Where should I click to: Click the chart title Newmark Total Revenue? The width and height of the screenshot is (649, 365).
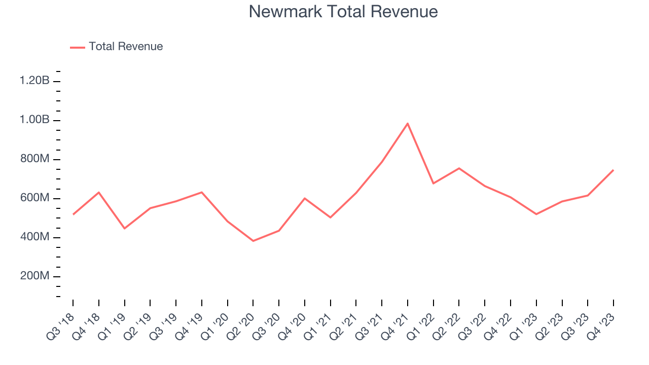pyautogui.click(x=343, y=12)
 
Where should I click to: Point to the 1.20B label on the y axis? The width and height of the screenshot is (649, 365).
pyautogui.click(x=34, y=81)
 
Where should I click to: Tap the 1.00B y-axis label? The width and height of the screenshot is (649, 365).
pyautogui.click(x=34, y=120)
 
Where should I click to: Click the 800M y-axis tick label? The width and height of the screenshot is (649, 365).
pyautogui.click(x=34, y=159)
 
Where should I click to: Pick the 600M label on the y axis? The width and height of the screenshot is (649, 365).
pyautogui.click(x=34, y=198)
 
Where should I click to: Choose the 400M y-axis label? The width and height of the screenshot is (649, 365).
pyautogui.click(x=34, y=237)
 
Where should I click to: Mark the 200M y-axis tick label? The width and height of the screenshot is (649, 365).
pyautogui.click(x=34, y=276)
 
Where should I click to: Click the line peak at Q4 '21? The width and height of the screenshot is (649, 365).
pyautogui.click(x=408, y=123)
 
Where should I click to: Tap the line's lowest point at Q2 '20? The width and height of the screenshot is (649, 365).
pyautogui.click(x=253, y=241)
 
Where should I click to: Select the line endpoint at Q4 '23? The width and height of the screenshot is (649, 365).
pyautogui.click(x=614, y=170)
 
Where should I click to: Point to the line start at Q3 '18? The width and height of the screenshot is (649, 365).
pyautogui.click(x=73, y=214)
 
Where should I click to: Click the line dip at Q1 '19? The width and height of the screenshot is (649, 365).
pyautogui.click(x=124, y=229)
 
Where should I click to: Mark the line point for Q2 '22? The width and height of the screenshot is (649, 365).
pyautogui.click(x=459, y=168)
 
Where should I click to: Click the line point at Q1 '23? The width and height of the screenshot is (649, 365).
pyautogui.click(x=536, y=214)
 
